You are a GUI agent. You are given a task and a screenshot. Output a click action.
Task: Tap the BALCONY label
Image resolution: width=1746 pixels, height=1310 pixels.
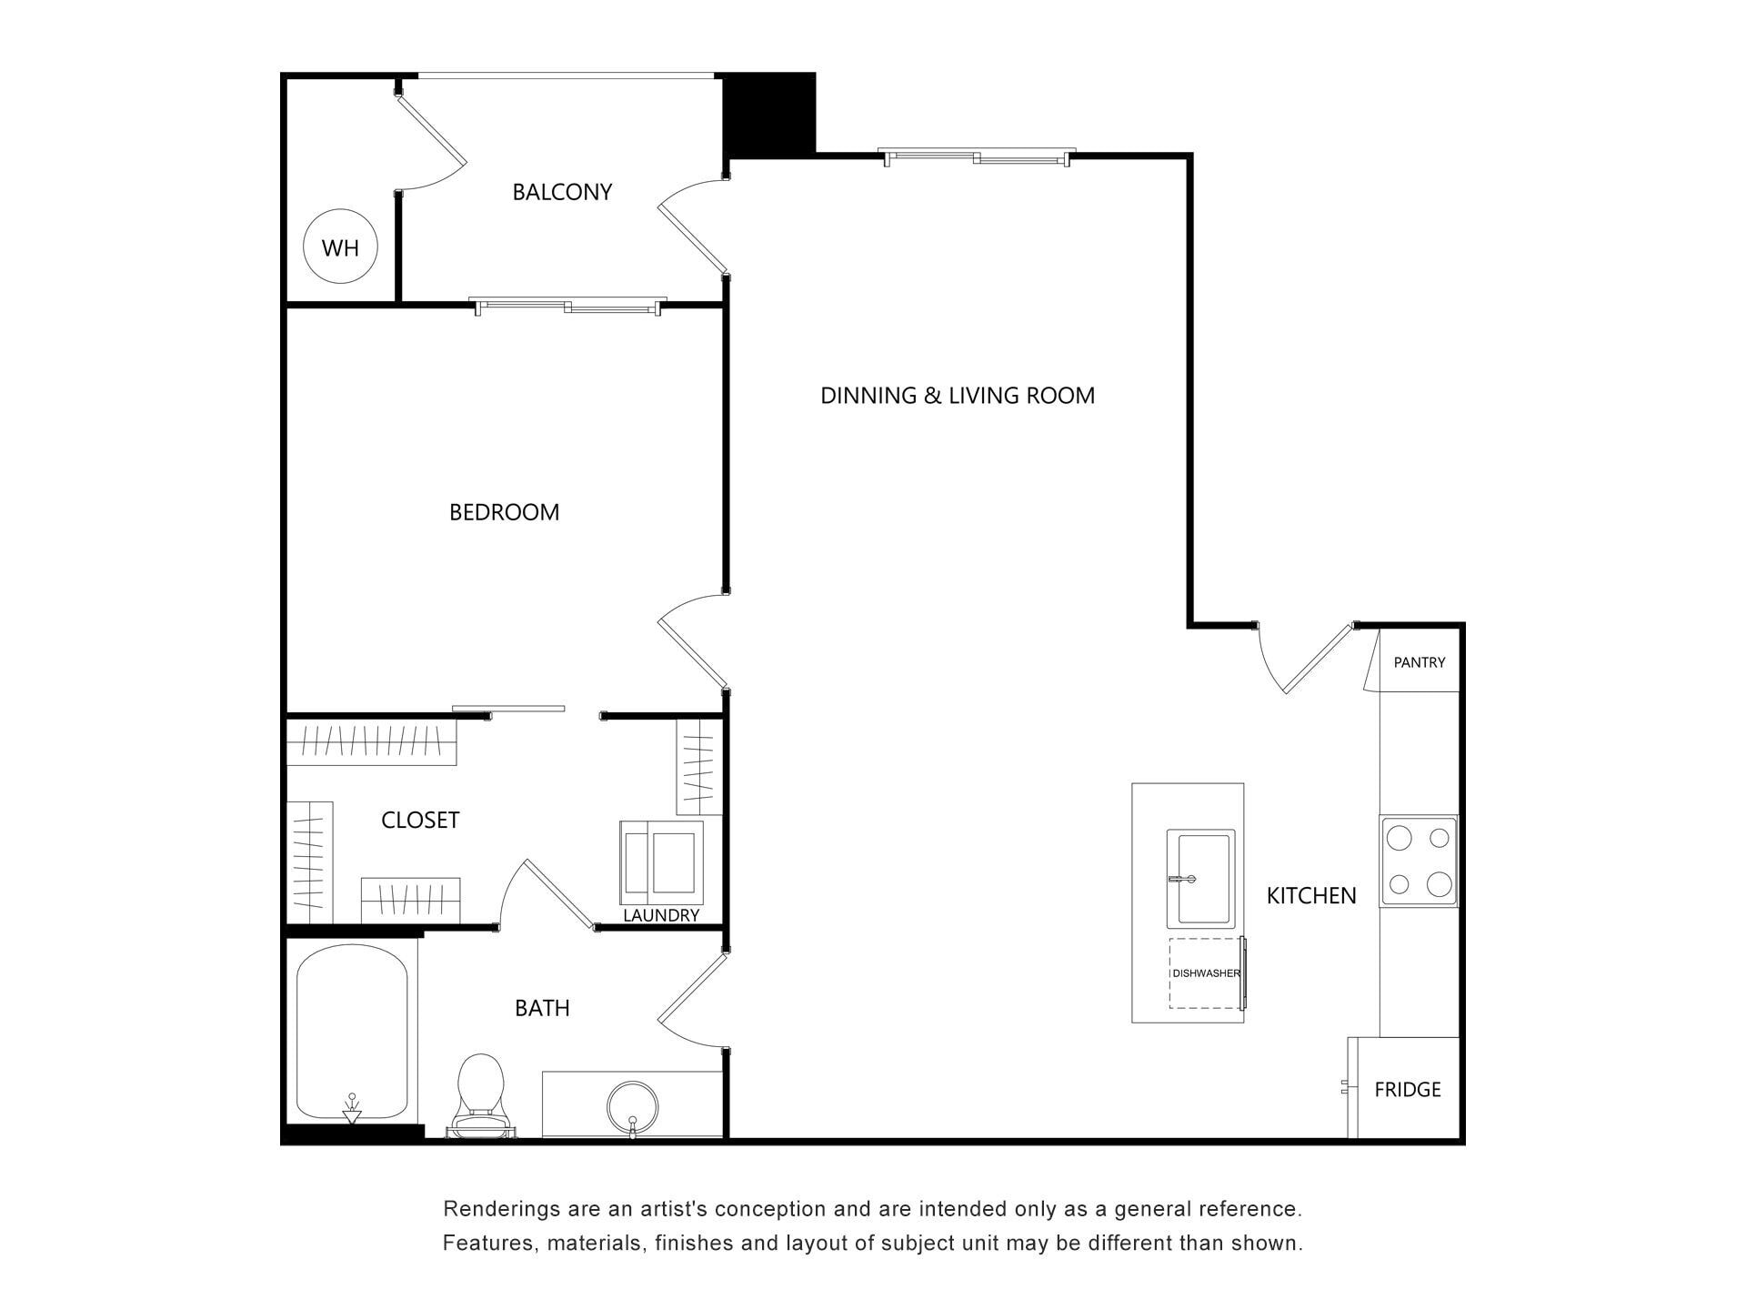pyautogui.click(x=562, y=192)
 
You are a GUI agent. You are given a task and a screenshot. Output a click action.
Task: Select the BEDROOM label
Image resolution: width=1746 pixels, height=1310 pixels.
pyautogui.click(x=504, y=512)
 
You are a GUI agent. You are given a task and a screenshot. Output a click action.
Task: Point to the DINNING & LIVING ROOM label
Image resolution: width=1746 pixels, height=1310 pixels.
pyautogui.click(x=958, y=396)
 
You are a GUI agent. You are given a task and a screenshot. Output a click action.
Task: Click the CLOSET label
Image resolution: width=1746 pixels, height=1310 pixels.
pyautogui.click(x=420, y=821)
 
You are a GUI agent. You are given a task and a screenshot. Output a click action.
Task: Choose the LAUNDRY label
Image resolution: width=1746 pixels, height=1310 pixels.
pyautogui.click(x=661, y=915)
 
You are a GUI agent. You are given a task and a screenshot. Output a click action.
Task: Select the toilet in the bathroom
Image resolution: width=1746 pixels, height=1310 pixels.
pyautogui.click(x=480, y=1096)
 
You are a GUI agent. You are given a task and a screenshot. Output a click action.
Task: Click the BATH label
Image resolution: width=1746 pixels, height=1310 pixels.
pyautogui.click(x=542, y=1008)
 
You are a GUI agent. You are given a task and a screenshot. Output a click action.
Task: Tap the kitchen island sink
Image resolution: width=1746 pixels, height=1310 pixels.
pyautogui.click(x=1200, y=879)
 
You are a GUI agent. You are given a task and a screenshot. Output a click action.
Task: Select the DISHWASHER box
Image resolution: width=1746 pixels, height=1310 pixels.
pyautogui.click(x=1206, y=972)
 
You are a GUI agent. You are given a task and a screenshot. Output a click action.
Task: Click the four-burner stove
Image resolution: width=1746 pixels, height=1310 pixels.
pyautogui.click(x=1419, y=861)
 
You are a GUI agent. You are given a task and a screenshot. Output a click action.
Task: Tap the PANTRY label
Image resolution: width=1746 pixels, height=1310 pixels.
pyautogui.click(x=1420, y=662)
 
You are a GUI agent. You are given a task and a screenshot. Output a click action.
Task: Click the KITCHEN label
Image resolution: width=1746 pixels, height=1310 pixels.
pyautogui.click(x=1311, y=896)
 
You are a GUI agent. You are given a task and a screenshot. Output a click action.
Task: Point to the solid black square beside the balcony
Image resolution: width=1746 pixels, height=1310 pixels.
pyautogui.click(x=769, y=114)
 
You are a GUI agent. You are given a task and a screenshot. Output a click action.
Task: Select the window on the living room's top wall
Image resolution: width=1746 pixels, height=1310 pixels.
pyautogui.click(x=978, y=156)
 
